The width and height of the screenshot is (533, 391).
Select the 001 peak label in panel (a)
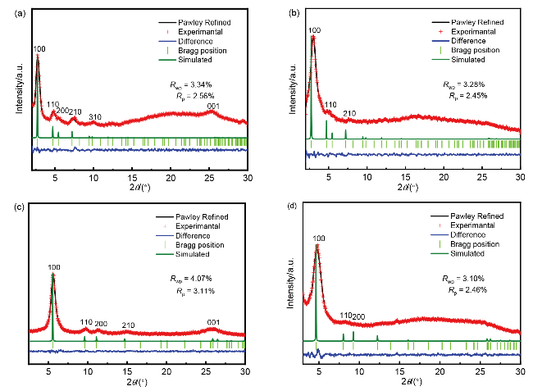[x=213, y=107]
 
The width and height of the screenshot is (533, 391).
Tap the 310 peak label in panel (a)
[x=95, y=117]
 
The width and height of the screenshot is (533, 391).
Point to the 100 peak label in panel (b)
[x=314, y=31]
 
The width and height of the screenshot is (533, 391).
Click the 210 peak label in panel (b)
[x=349, y=113]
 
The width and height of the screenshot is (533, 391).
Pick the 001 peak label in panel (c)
[x=214, y=322]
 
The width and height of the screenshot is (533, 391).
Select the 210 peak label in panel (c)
[x=128, y=325]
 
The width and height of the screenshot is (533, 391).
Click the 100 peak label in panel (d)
[x=320, y=239]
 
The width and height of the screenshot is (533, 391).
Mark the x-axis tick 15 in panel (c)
[x=127, y=371]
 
